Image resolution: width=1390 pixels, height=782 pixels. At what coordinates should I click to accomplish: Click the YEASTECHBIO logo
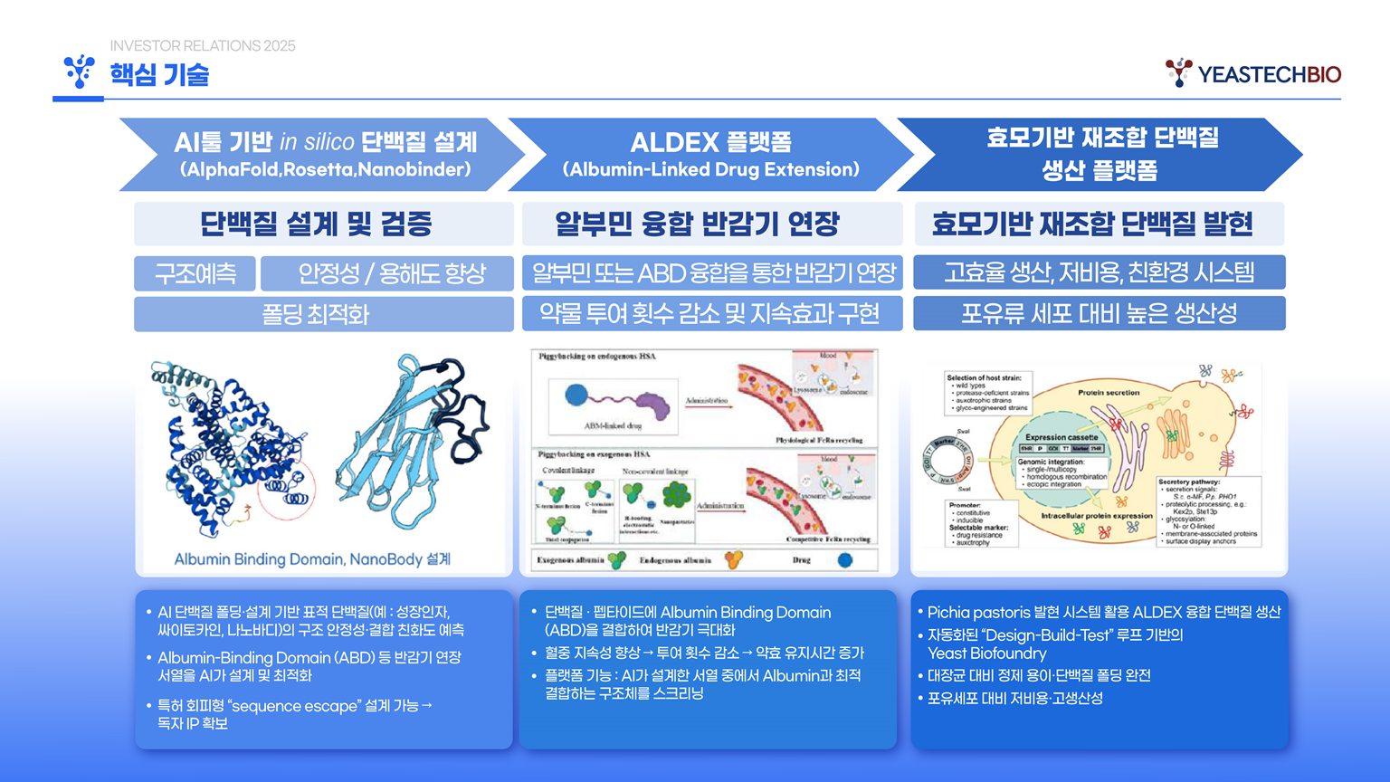point(1252,73)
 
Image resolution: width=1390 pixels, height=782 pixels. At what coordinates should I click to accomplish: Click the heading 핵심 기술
point(159,74)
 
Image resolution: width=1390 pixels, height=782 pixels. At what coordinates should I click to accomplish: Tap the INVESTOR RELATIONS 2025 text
point(203,46)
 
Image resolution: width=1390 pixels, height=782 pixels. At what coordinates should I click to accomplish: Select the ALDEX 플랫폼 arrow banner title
point(710,142)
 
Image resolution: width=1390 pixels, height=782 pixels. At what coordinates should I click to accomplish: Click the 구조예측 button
point(195,273)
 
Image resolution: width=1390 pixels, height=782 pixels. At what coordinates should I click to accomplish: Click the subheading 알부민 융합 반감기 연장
point(697,224)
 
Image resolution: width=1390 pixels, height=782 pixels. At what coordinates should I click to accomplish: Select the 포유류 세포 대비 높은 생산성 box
point(1099,314)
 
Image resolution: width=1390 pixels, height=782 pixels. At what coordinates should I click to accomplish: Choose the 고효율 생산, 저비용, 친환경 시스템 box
point(1099,272)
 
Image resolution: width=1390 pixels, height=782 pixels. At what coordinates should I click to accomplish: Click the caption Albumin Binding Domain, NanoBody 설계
point(312,559)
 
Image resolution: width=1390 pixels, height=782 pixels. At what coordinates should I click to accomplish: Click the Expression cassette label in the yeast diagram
point(1062,437)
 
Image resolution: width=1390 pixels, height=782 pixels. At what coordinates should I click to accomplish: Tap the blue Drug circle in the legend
point(844,560)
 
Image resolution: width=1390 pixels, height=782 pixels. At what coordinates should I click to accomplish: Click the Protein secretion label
point(1109,393)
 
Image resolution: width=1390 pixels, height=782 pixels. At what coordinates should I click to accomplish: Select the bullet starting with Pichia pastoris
point(1104,613)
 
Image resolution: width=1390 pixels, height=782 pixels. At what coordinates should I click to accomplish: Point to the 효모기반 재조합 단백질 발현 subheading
point(1091,224)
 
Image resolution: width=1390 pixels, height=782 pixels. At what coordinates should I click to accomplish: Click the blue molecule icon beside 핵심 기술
point(80,72)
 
